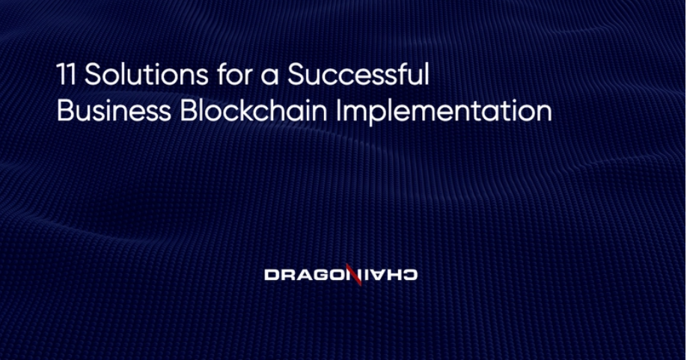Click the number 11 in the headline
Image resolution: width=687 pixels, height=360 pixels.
[66, 74]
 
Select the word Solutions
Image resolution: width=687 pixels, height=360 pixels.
[147, 74]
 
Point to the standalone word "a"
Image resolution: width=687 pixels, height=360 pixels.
[270, 77]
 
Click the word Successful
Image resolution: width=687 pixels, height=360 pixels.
[358, 73]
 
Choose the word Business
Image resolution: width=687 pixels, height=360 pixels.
[114, 111]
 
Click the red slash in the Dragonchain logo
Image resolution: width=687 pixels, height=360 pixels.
[353, 275]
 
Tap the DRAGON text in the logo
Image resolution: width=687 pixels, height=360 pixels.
[306, 275]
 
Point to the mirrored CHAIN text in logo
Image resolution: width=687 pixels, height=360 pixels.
[388, 275]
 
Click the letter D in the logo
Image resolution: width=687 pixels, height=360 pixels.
[271, 275]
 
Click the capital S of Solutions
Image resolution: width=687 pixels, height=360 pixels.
[93, 74]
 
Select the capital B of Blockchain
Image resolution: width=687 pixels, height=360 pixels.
[188, 111]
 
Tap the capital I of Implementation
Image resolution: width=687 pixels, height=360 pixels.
[339, 111]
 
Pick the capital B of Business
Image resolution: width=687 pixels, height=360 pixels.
[65, 111]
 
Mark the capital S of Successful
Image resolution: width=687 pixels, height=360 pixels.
[296, 74]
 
